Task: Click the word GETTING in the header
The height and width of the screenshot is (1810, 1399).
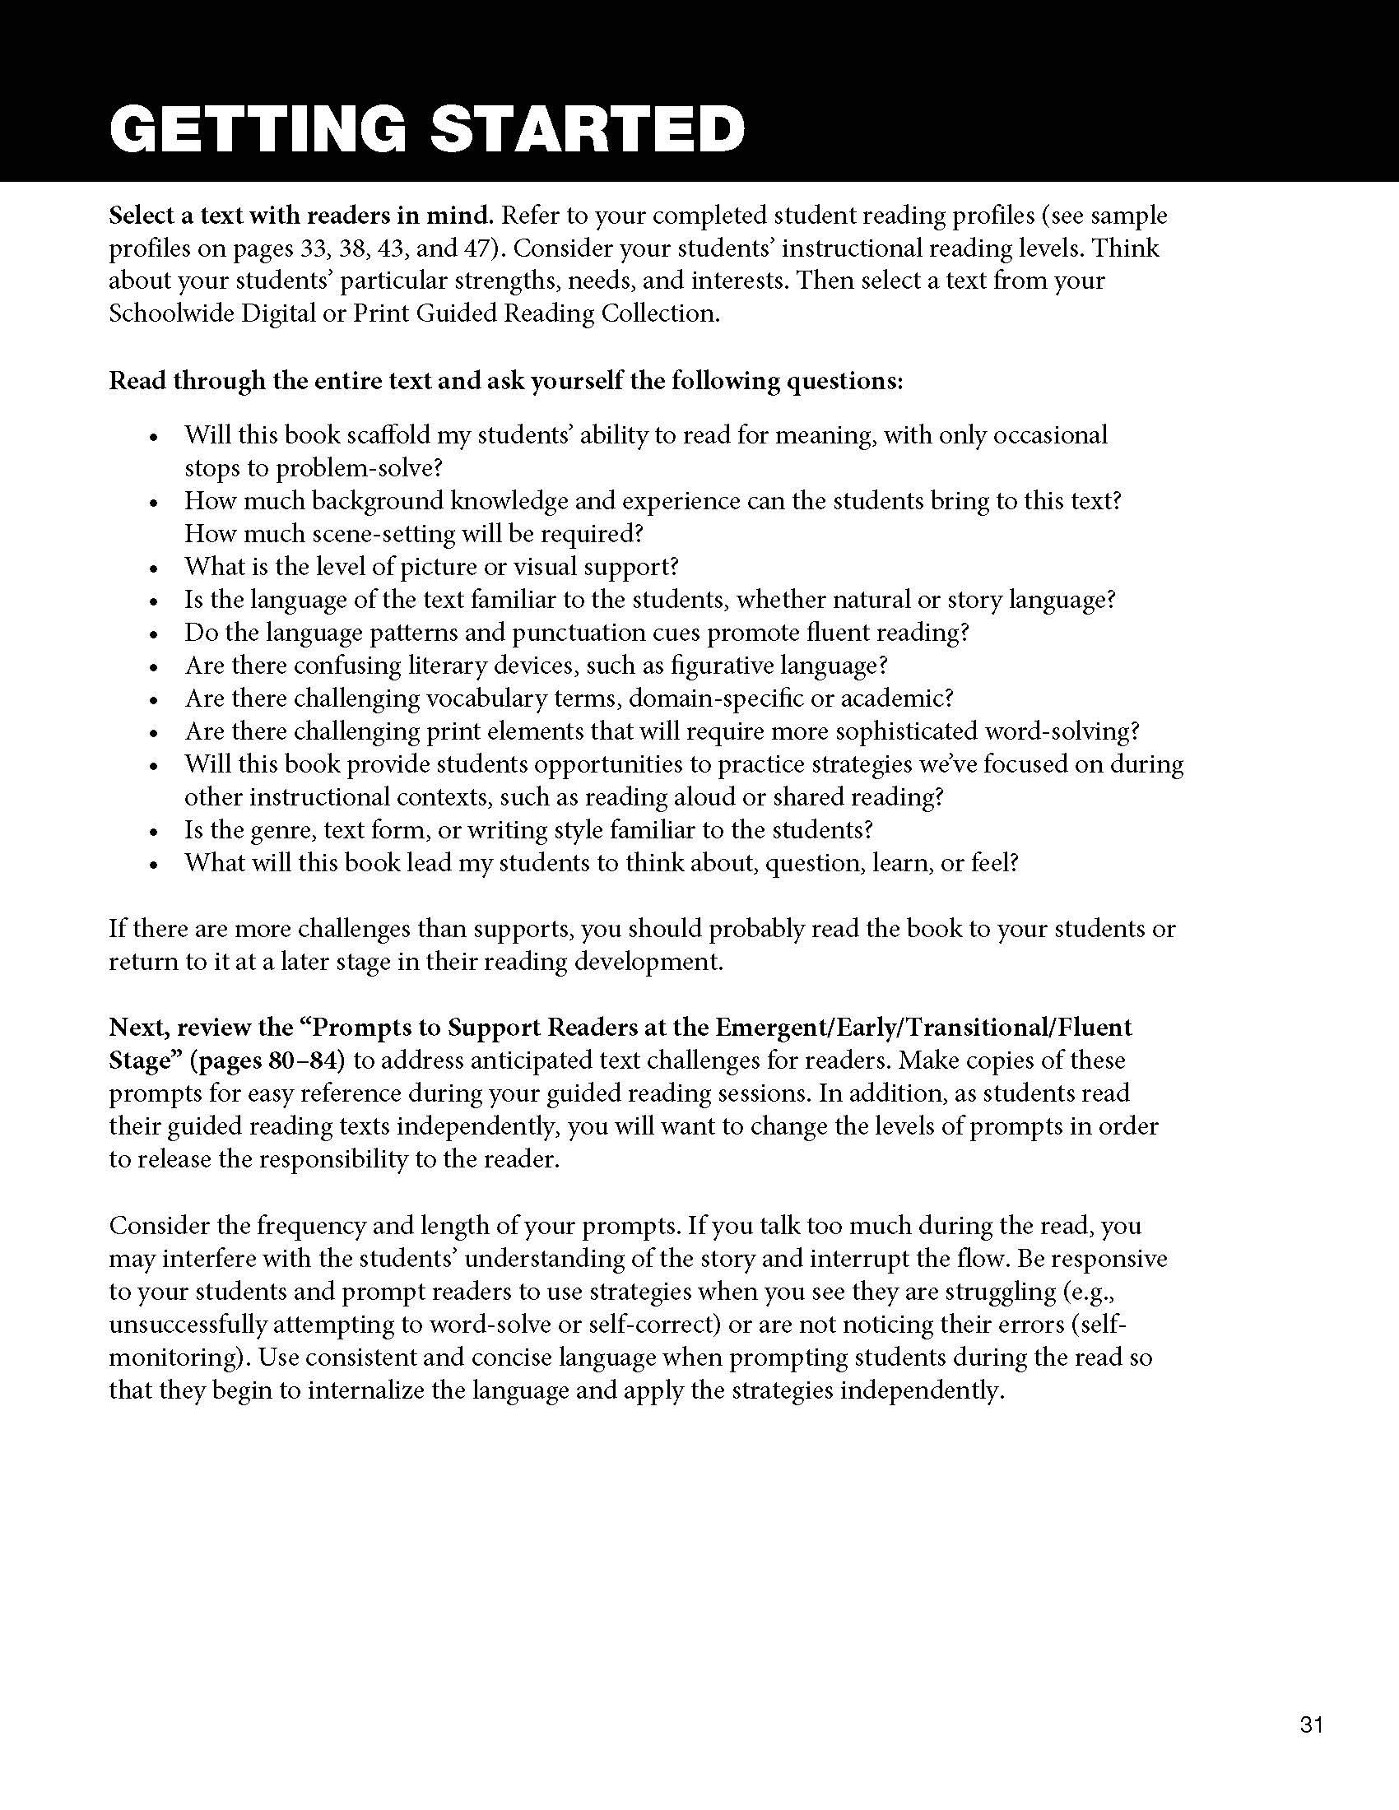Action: click(257, 129)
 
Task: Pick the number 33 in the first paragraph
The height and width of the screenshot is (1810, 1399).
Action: click(314, 248)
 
